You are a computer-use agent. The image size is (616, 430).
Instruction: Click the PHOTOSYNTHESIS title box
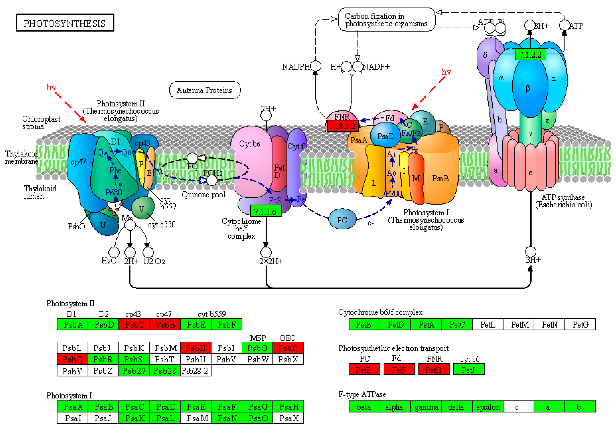coord(65,23)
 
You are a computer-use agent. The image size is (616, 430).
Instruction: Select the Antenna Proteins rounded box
coord(205,90)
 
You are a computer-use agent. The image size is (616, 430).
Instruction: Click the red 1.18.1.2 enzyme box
coord(342,126)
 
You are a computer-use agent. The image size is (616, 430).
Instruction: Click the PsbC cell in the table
coord(134,325)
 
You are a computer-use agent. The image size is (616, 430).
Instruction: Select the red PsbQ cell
coord(72,359)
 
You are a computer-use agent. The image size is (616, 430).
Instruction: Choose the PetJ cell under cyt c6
coord(468,370)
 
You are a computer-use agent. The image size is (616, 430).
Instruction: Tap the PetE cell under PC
coord(364,370)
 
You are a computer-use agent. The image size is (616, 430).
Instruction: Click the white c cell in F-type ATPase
coord(518,407)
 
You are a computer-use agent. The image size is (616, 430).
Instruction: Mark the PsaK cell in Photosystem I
coord(134,418)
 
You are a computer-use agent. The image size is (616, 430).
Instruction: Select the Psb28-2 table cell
coord(196,371)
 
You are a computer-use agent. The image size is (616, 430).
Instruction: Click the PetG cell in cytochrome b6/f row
coord(580,325)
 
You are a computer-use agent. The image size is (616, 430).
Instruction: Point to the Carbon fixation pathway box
coord(386,20)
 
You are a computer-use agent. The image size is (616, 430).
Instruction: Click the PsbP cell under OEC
coord(288,348)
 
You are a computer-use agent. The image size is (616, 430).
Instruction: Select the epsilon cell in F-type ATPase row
coord(488,407)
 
